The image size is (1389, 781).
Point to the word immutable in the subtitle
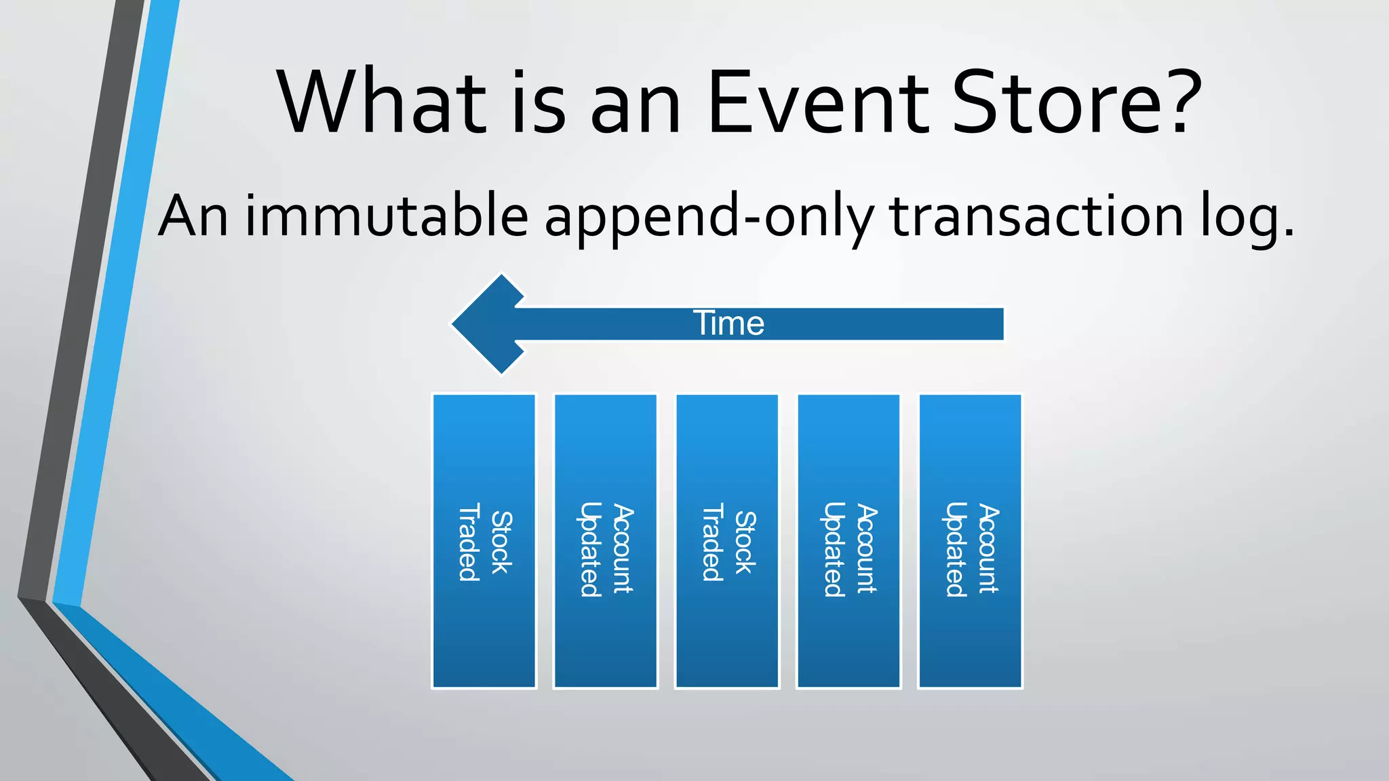pyautogui.click(x=387, y=216)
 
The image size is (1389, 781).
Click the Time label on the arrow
pyautogui.click(x=729, y=323)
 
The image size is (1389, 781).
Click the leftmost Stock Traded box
pyautogui.click(x=484, y=541)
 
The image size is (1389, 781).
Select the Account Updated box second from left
pyautogui.click(x=605, y=541)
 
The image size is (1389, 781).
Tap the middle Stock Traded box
pyautogui.click(x=726, y=541)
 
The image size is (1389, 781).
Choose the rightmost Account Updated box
pyautogui.click(x=970, y=541)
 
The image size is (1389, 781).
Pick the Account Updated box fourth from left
pyautogui.click(x=848, y=541)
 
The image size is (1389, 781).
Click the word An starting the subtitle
pyautogui.click(x=193, y=216)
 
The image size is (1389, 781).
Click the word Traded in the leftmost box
pyautogui.click(x=469, y=542)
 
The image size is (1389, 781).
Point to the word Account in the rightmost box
pyautogui.click(x=987, y=548)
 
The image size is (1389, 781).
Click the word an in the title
pyautogui.click(x=635, y=103)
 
